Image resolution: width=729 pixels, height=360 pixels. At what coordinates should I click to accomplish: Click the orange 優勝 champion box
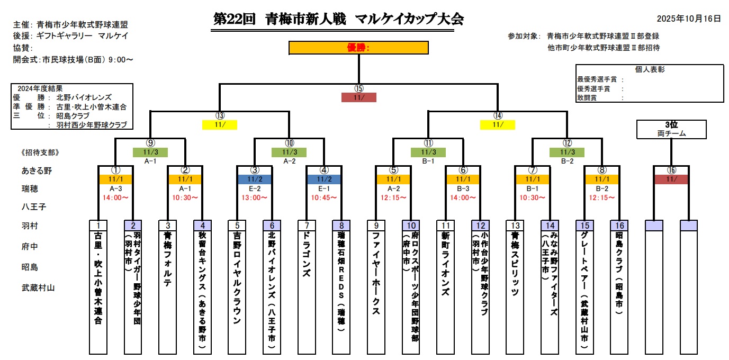(358, 48)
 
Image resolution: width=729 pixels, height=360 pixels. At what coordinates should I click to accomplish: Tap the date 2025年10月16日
(689, 19)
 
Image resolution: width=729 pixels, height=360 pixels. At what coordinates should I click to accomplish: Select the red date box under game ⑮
(359, 97)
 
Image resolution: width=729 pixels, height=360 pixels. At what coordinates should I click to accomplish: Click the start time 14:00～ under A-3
(116, 197)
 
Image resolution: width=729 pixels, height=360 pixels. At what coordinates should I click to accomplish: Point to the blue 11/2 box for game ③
(255, 179)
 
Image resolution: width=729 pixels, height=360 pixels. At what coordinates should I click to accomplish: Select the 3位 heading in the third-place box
(671, 125)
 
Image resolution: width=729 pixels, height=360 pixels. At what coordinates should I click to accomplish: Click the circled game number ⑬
(220, 116)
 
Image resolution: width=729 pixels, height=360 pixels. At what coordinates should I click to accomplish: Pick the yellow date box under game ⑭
(497, 125)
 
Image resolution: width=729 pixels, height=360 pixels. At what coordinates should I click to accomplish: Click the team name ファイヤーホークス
(375, 273)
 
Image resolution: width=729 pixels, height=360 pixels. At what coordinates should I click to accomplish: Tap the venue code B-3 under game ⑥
(463, 188)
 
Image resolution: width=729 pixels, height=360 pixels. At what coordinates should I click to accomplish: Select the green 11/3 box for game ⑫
(567, 152)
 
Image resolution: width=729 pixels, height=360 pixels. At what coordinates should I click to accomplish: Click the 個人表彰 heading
(650, 69)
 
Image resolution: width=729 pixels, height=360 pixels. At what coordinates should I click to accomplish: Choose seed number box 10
(410, 226)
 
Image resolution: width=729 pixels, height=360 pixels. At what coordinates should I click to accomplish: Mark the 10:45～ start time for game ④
(324, 197)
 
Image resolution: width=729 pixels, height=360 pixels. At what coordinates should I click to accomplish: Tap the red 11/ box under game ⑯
(671, 179)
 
